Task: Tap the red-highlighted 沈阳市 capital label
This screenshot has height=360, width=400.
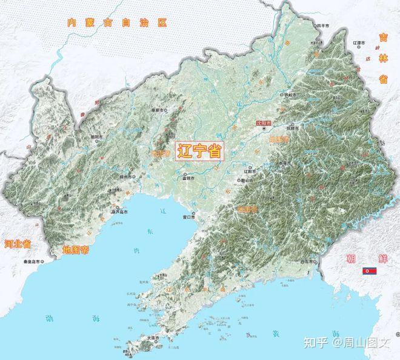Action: pyautogui.click(x=264, y=122)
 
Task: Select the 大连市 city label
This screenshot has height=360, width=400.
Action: pyautogui.click(x=154, y=337)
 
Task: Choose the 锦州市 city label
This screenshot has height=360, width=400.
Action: pyautogui.click(x=126, y=176)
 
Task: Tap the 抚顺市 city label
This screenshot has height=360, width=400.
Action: pyautogui.click(x=293, y=128)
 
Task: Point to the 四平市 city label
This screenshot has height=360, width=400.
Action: pyautogui.click(x=321, y=26)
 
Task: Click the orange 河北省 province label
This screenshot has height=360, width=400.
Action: pyautogui.click(x=18, y=244)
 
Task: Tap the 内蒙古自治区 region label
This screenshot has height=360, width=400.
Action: pyautogui.click(x=117, y=23)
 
